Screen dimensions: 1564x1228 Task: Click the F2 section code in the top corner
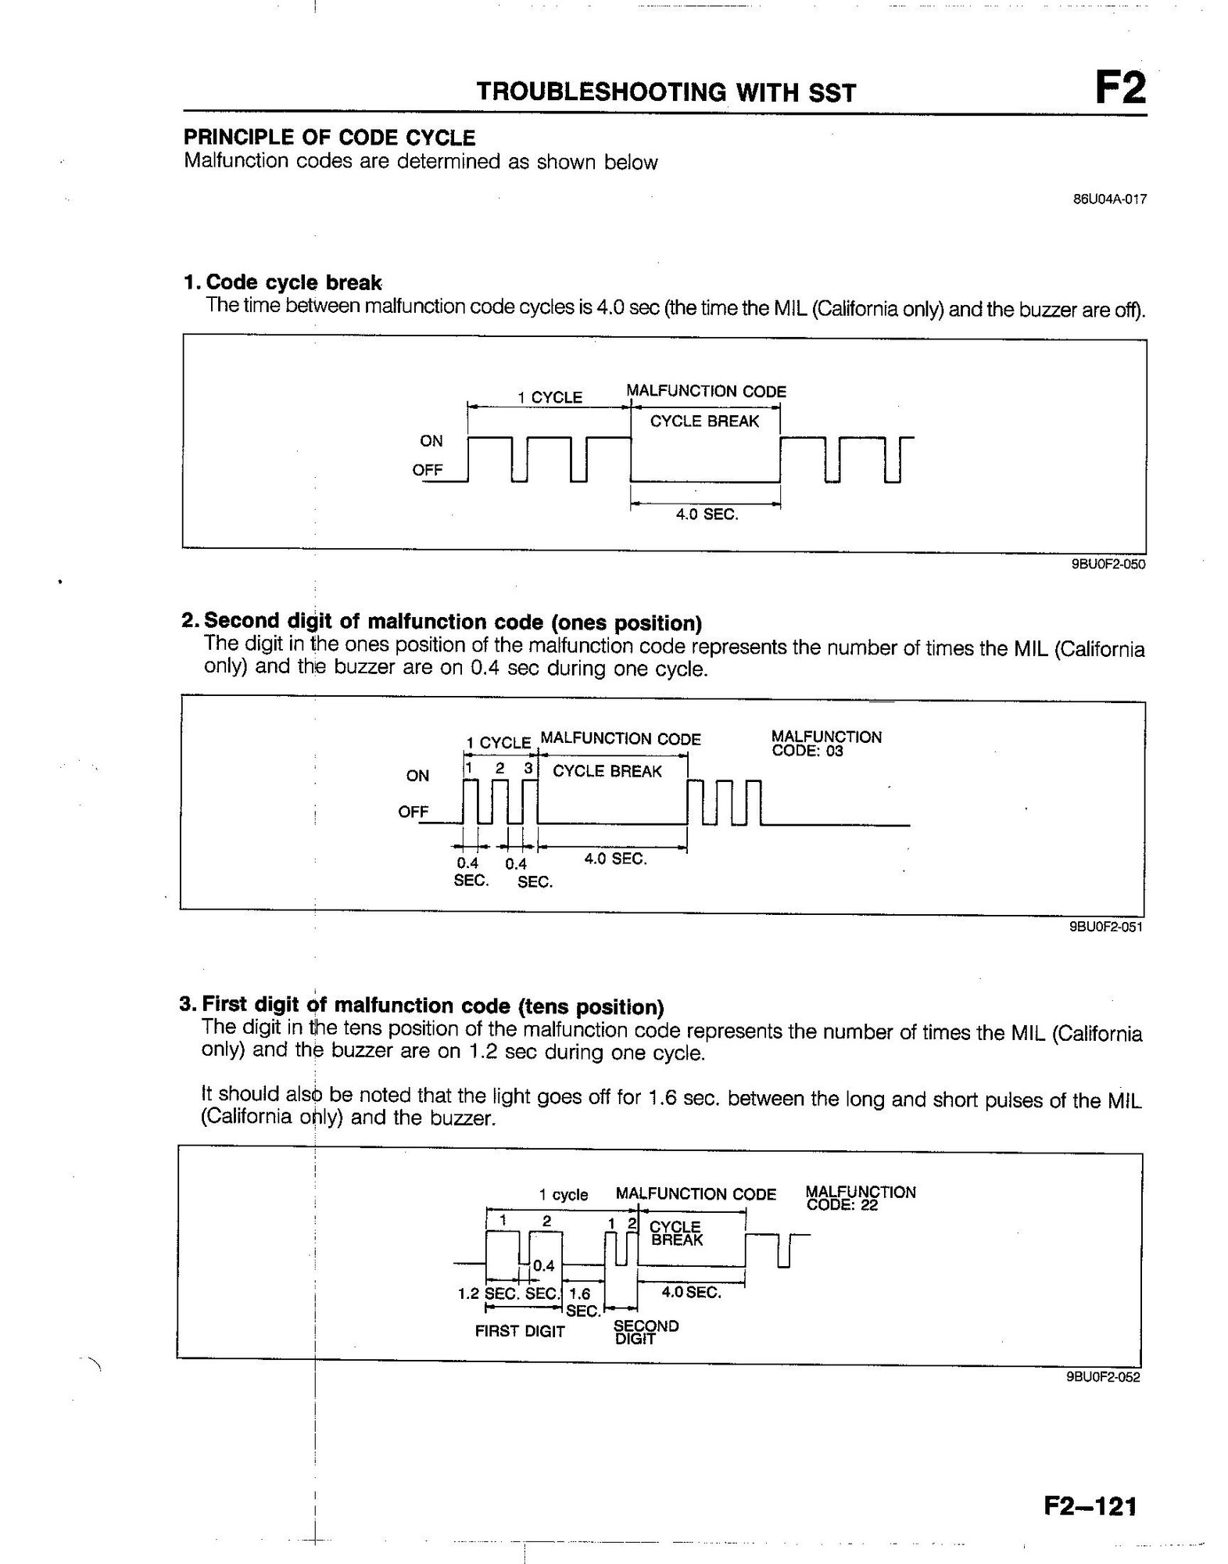pos(1119,88)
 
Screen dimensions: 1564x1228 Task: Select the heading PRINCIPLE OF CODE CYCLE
pos(329,138)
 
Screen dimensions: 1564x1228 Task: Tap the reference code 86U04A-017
pos(1109,199)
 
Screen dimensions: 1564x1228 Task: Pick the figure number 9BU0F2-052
pos(1103,1377)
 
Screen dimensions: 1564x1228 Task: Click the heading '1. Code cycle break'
pos(282,282)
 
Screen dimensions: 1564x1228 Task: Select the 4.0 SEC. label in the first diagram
pos(707,515)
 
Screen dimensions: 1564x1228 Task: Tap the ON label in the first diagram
pos(431,441)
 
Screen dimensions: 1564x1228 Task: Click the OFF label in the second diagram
pos(414,812)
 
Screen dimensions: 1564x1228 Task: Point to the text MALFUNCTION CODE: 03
pos(825,744)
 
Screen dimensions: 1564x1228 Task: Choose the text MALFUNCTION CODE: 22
pos(860,1198)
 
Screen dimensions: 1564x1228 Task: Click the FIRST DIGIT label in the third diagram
pos(520,1331)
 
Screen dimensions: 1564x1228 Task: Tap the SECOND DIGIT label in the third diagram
pos(646,1332)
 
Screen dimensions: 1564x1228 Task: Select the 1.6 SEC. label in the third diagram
pos(582,1302)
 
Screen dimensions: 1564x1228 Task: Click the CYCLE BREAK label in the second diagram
pos(607,771)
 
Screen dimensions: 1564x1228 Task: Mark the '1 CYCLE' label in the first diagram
pos(550,397)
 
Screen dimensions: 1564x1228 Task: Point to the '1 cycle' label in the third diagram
pos(563,1194)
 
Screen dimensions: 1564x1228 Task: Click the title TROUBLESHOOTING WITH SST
pos(666,93)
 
